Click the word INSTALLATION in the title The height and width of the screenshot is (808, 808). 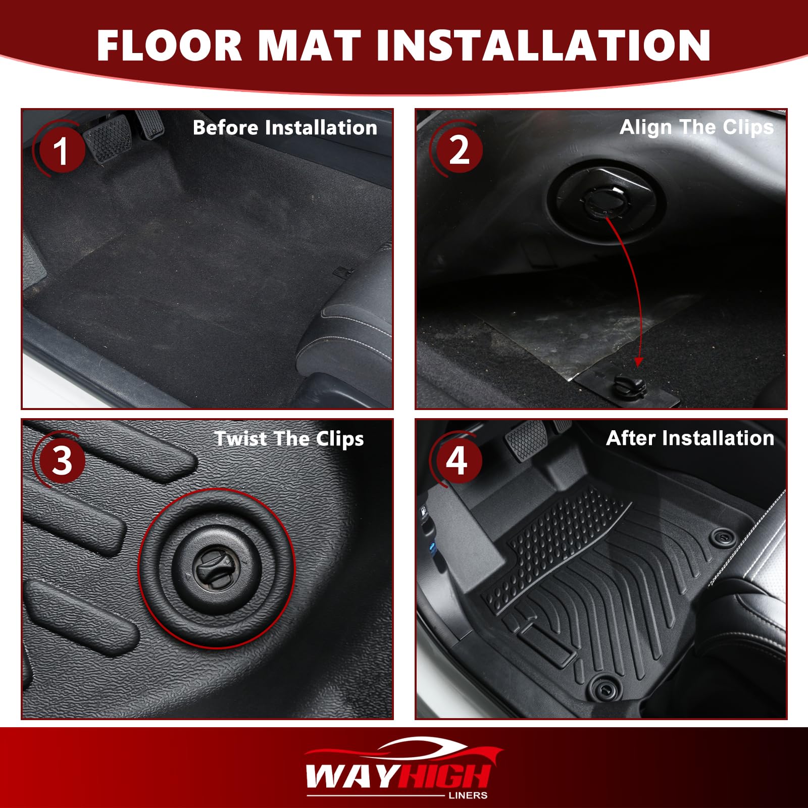(543, 45)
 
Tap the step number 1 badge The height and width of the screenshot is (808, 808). (61, 150)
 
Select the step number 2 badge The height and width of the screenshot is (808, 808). (459, 150)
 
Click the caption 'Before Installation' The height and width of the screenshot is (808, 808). (285, 128)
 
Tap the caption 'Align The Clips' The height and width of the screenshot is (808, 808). (696, 128)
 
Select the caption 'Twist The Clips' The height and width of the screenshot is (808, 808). (289, 439)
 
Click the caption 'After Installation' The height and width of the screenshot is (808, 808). (690, 438)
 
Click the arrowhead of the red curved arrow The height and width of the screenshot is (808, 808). (638, 362)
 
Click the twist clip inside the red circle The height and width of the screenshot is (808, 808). (216, 568)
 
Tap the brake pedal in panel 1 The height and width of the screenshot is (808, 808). (109, 138)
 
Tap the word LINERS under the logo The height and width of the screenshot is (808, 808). (468, 795)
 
